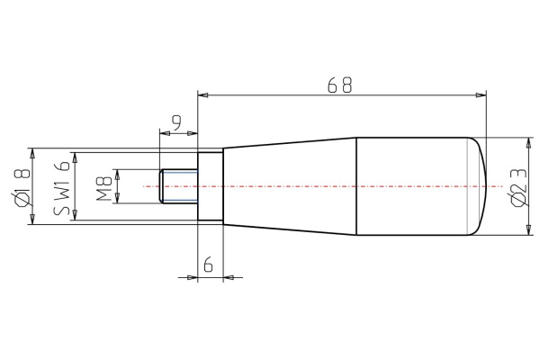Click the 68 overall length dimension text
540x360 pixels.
tap(340, 85)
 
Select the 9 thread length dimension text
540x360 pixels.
tap(176, 121)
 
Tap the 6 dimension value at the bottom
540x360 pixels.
tap(208, 265)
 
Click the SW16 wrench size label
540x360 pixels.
tap(62, 186)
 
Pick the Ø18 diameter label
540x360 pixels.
tap(22, 186)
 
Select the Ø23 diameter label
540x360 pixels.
tap(516, 186)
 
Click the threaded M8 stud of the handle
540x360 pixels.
tap(178, 186)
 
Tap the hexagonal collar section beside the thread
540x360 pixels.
tap(210, 186)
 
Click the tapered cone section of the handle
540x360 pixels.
tap(288, 186)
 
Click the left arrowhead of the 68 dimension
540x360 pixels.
tap(202, 94)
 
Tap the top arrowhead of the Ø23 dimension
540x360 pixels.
tap(527, 142)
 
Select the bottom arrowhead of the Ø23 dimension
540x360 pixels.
tap(527, 231)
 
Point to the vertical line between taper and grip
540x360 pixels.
tap(358, 186)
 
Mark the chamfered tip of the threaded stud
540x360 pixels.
tap(161, 186)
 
